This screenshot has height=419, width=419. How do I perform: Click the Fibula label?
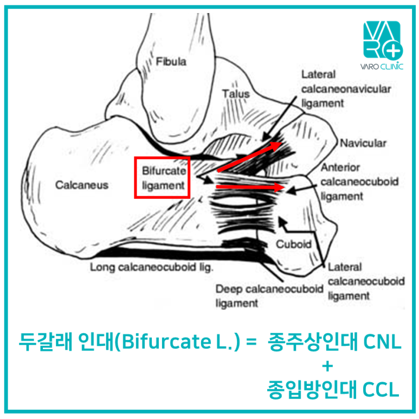point(171,62)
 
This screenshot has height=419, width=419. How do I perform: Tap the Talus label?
point(236,94)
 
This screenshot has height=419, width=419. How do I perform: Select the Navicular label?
point(363,144)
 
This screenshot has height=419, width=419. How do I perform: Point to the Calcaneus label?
point(82,185)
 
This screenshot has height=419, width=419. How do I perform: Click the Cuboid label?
point(293,244)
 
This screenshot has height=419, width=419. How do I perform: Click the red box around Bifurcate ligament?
point(162,178)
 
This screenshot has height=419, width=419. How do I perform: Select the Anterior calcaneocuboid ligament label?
point(359,182)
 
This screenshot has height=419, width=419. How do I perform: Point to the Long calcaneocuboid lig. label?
point(152,267)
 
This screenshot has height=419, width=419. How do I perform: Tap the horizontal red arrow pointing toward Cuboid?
point(250,187)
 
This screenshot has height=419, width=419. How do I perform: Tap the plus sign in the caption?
point(326,366)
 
